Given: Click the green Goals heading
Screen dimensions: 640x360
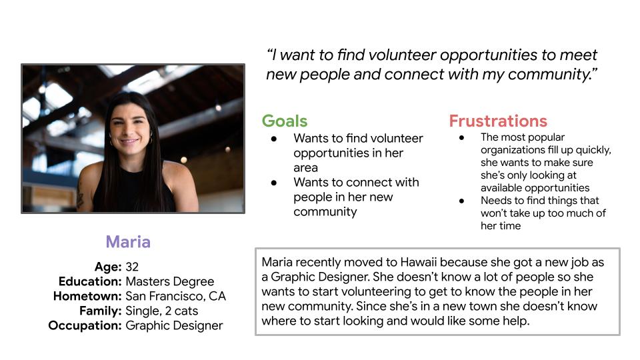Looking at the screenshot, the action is [285, 121].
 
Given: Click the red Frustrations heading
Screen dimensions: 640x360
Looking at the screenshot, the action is [498, 121].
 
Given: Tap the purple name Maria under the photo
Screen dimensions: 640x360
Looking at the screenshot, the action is [128, 241].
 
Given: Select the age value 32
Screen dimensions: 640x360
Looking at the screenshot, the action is [132, 267].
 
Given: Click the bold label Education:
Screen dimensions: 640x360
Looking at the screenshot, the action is [90, 281].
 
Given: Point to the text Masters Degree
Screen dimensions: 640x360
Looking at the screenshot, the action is [170, 281].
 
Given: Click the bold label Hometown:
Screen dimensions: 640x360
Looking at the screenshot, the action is [87, 296].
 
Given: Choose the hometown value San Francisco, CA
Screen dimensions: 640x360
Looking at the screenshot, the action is [175, 296].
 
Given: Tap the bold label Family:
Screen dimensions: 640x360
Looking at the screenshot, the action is [101, 311].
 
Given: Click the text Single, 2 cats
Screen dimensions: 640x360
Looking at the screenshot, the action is [161, 311].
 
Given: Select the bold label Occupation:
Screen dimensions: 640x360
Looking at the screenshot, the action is [85, 326].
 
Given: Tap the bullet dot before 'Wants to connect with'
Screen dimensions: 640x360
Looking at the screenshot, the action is [274, 183].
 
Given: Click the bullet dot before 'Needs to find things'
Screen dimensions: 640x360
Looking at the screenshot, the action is [461, 201].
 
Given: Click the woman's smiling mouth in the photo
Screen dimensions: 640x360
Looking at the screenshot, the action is [129, 141].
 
